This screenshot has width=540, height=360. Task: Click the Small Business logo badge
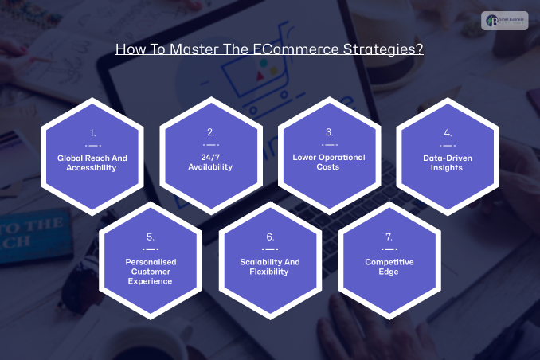click(504, 22)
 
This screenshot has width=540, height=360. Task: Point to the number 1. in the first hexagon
click(92, 133)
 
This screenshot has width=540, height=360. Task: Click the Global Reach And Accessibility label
click(92, 162)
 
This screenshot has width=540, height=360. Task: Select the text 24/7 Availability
click(211, 162)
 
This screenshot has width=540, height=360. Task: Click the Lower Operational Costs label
click(329, 162)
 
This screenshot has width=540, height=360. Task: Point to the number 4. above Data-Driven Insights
click(447, 133)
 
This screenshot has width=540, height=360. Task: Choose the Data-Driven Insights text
click(447, 162)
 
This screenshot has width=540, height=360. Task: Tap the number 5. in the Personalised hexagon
click(151, 237)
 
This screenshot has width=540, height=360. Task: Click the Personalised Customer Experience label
click(151, 271)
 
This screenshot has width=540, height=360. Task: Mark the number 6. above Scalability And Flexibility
click(270, 237)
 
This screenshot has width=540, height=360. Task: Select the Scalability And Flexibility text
click(270, 266)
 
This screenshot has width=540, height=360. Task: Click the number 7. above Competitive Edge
click(388, 237)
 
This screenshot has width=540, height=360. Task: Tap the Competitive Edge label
click(388, 266)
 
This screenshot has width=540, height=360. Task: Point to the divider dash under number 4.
click(447, 146)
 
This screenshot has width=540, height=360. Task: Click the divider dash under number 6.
click(270, 249)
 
